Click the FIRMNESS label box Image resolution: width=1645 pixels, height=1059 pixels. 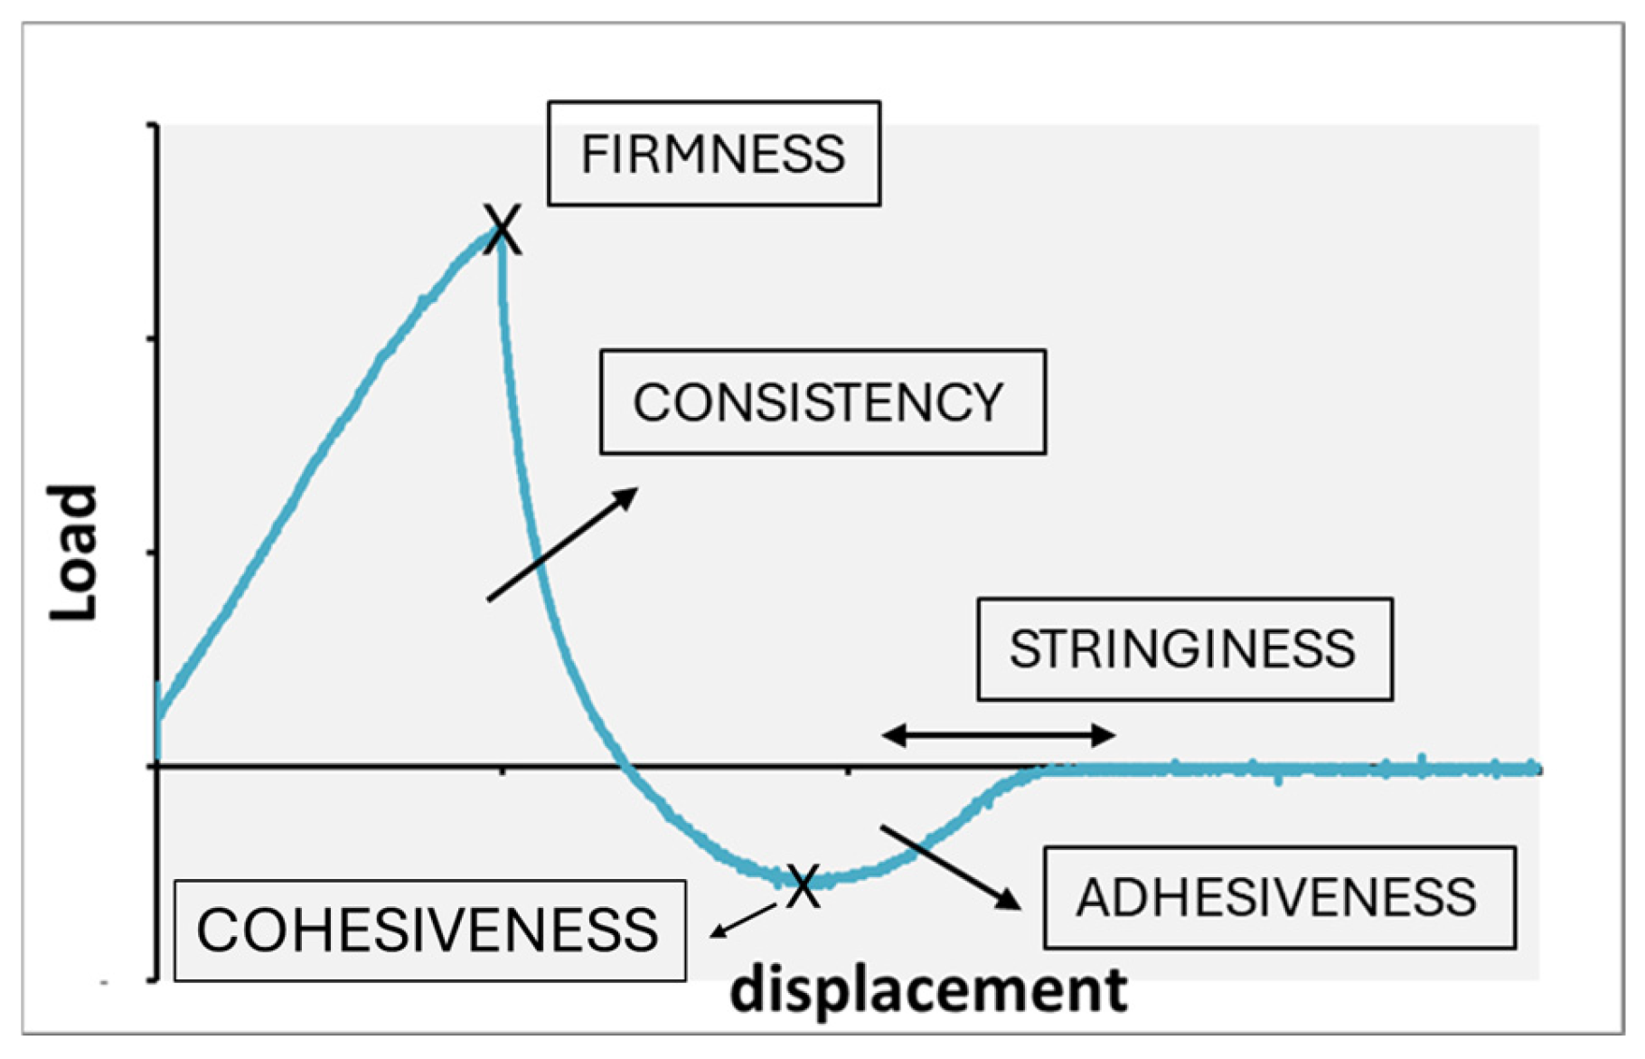coord(713,153)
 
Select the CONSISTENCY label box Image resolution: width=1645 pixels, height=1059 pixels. coord(822,402)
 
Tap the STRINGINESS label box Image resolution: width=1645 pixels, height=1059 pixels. coord(1184,648)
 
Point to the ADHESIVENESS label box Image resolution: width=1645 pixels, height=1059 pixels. coord(1279,897)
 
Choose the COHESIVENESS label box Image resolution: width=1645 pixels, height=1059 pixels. coord(429,930)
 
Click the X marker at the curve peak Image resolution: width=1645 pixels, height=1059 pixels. coord(502,230)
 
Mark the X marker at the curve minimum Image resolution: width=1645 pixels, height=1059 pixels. coord(803,885)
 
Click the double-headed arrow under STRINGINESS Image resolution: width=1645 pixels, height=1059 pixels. coord(998,735)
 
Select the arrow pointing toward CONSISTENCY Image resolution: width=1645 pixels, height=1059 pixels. coord(562,544)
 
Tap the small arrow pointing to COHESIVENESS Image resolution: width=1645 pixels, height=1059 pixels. coord(743,921)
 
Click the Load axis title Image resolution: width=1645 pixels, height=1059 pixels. coord(72,553)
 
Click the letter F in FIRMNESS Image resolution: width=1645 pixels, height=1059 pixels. coord(591,154)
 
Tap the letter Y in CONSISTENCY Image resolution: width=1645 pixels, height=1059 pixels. coord(988,402)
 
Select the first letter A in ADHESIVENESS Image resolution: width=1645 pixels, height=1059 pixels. coord(1094,898)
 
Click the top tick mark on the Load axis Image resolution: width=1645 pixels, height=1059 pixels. coord(153,126)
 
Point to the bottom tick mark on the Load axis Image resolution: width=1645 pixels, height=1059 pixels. coord(153,979)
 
